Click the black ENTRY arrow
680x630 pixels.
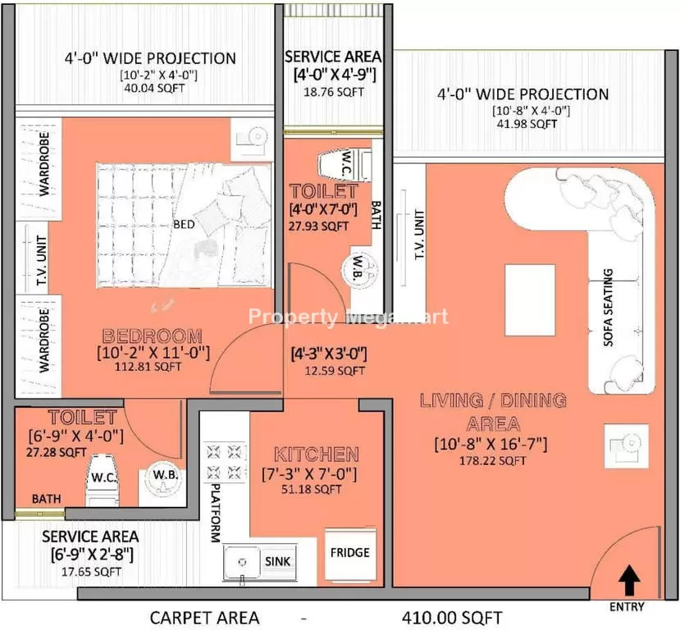628,581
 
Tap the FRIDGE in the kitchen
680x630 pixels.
350,556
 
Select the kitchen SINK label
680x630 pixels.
277,561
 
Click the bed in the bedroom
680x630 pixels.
184,225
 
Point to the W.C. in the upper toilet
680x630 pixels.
345,165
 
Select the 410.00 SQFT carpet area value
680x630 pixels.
451,618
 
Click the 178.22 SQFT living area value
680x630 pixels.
493,460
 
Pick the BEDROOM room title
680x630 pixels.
153,336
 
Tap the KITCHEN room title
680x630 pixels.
317,454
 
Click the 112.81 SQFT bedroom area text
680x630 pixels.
148,367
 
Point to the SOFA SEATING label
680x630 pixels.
609,308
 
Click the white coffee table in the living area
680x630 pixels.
531,300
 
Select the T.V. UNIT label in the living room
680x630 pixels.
419,235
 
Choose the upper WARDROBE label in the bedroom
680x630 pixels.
43,164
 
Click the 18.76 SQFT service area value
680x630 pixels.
334,92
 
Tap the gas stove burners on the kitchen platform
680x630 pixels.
224,462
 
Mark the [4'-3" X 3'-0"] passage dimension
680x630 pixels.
329,354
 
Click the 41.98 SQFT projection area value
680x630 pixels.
527,124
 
